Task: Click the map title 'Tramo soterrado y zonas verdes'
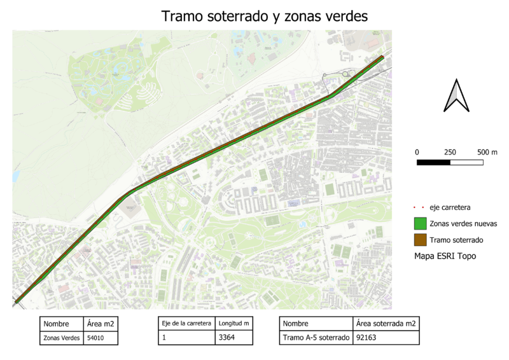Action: pos(265,17)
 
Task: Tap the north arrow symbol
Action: pos(456,96)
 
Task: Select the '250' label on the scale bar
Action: pos(450,152)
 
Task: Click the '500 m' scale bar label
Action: pos(487,152)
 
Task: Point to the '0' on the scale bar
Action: pos(417,152)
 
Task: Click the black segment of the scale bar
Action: pos(433,162)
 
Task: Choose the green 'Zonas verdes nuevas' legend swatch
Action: pos(419,224)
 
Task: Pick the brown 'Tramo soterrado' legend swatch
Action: pos(419,240)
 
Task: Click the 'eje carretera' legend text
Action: pos(450,207)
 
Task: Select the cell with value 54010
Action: pos(96,338)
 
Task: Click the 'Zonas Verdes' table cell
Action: pos(62,338)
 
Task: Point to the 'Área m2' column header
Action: pos(100,324)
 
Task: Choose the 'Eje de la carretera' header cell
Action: pos(186,324)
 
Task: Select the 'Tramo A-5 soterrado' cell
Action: pos(316,338)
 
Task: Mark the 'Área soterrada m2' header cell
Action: pos(386,324)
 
